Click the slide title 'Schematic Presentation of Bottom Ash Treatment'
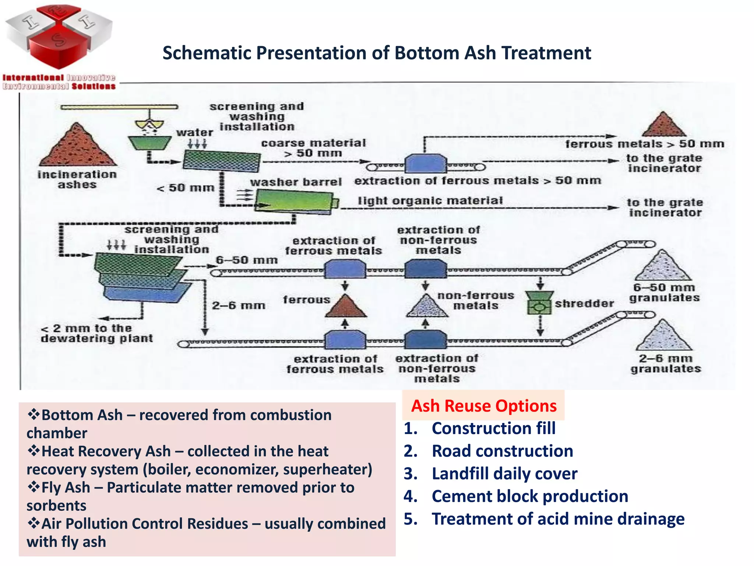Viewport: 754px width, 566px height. click(377, 53)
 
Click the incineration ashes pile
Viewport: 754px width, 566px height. click(78, 147)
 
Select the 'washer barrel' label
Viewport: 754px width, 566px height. click(296, 182)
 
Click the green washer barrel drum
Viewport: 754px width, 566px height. click(295, 202)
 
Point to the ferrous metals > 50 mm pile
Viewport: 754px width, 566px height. click(663, 125)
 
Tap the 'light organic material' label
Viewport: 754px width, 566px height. click(430, 201)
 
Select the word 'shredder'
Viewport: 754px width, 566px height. click(584, 304)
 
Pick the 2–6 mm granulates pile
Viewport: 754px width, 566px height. click(663, 336)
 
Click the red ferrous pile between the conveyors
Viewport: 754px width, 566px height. click(345, 307)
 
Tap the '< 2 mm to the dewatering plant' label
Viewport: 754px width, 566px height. click(96, 333)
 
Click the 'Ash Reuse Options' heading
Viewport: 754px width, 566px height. click(483, 406)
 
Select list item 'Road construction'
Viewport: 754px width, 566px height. click(502, 451)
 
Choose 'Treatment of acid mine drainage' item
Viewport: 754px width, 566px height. click(558, 519)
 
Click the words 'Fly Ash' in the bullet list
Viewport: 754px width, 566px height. click(66, 488)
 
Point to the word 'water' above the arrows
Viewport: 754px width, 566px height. click(194, 133)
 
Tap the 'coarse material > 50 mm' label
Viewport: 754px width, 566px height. click(313, 148)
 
